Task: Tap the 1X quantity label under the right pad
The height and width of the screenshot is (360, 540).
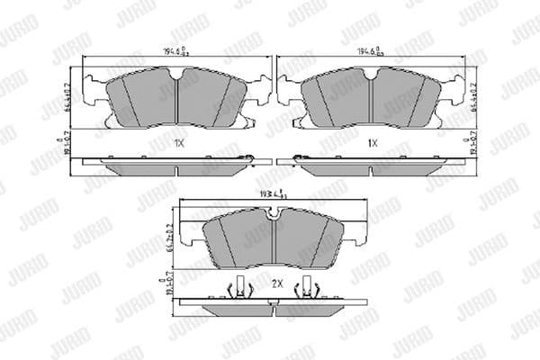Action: tap(370, 142)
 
